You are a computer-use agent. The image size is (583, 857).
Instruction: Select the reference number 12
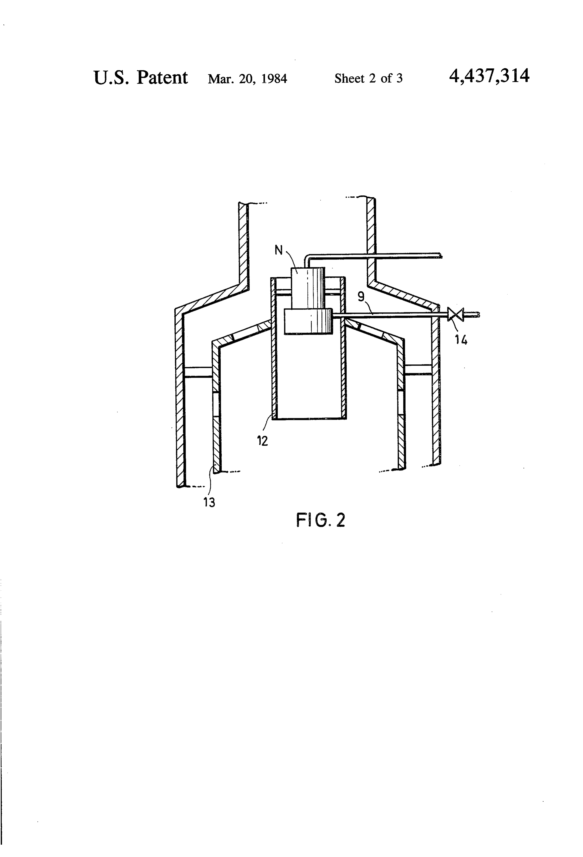(262, 441)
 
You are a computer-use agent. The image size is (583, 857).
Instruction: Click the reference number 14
(461, 340)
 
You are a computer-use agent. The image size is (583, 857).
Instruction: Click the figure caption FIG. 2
(321, 520)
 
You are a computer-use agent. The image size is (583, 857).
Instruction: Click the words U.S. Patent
(141, 77)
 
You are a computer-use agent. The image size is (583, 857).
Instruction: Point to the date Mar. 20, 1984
(247, 78)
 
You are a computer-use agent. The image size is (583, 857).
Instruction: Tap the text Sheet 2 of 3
(368, 78)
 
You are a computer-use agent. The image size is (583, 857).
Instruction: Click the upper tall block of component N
(308, 288)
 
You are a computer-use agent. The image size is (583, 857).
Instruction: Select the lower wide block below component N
(308, 321)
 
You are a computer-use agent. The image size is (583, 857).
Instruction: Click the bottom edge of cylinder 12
(309, 418)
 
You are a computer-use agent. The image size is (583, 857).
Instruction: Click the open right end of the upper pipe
(441, 255)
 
